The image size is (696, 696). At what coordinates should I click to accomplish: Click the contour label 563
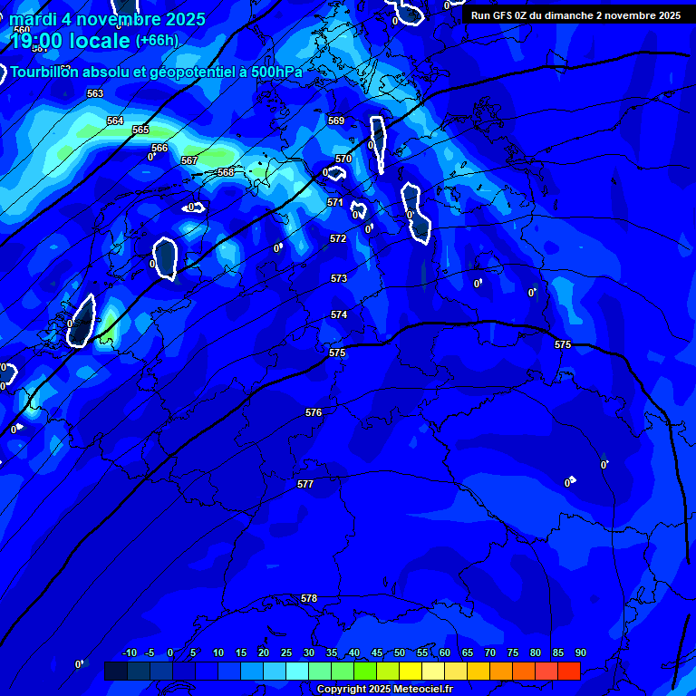(x=95, y=93)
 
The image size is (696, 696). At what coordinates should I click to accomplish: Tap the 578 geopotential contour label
(x=309, y=599)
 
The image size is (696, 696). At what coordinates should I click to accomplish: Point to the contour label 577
(x=305, y=485)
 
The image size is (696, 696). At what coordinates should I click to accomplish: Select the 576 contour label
(x=314, y=412)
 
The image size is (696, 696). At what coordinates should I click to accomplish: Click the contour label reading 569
(x=336, y=121)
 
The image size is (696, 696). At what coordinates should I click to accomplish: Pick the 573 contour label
(x=339, y=278)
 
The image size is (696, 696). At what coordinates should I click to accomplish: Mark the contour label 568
(x=226, y=172)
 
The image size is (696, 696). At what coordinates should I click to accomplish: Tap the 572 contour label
(x=338, y=238)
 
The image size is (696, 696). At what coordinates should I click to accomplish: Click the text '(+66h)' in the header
(x=157, y=41)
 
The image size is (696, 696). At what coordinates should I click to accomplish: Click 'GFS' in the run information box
(x=503, y=15)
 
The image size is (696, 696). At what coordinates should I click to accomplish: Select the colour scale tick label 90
(x=580, y=653)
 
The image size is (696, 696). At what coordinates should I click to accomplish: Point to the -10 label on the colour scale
(x=129, y=653)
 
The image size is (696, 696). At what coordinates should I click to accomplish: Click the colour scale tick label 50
(x=400, y=653)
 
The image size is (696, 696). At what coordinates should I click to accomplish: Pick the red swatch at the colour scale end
(x=568, y=671)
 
